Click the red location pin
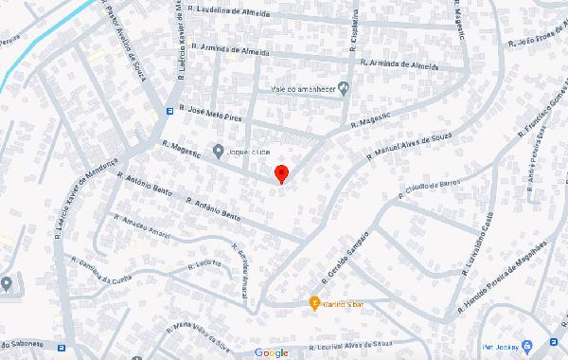pos(281,173)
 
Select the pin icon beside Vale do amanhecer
pos(344,88)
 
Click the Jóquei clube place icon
pos(219,150)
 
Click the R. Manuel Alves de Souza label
pos(403,146)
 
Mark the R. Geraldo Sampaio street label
pos(350,247)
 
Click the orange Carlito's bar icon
pos(315,303)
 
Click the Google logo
pos(271,352)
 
